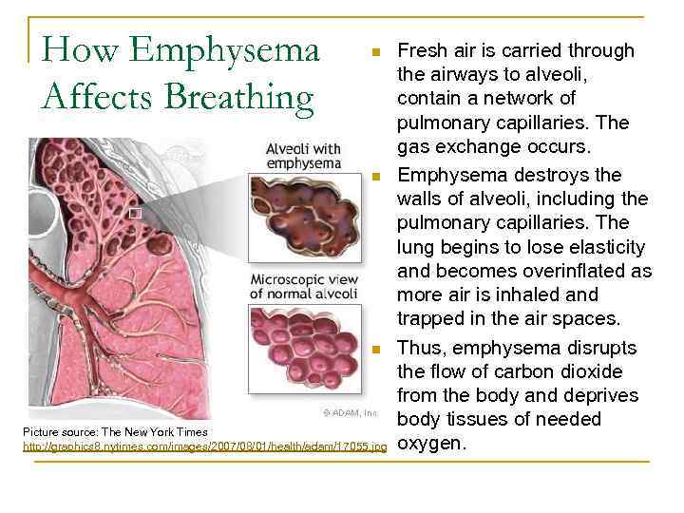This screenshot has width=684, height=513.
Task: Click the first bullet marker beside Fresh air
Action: point(376,50)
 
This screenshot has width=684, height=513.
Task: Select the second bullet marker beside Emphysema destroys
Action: point(376,177)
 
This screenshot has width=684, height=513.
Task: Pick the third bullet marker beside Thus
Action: point(376,351)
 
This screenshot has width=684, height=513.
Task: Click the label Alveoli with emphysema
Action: point(302,155)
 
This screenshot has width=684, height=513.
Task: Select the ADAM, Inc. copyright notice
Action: point(349,413)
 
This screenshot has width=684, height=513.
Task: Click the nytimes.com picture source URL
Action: point(205,446)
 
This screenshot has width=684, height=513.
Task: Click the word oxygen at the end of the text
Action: point(432,443)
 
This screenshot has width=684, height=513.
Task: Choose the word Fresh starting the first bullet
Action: point(423,49)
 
